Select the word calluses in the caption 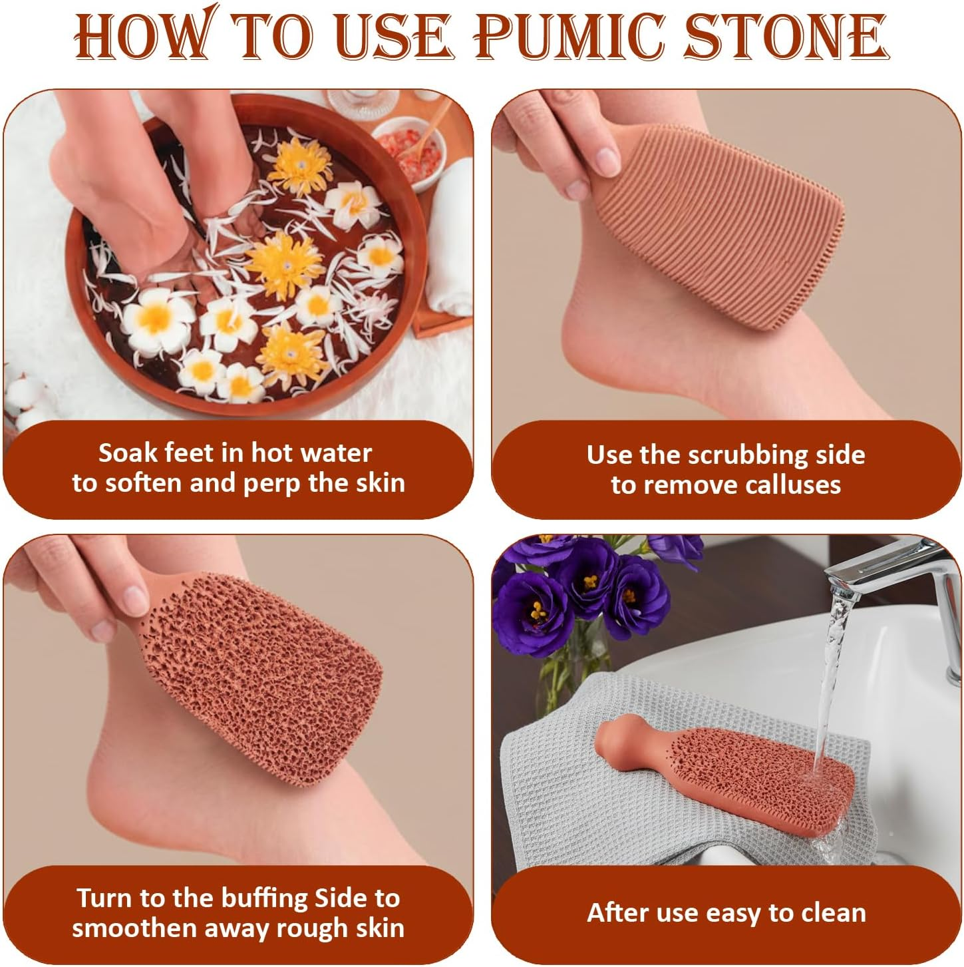(792, 484)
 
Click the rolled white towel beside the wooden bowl (450, 240)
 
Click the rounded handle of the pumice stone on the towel (623, 739)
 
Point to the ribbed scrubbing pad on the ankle (719, 226)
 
